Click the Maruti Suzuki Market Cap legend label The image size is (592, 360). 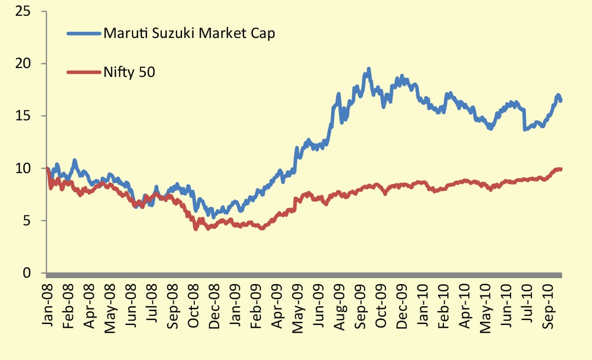(188, 34)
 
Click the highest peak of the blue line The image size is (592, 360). (369, 69)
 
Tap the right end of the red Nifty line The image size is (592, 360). (561, 169)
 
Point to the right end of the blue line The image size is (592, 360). (561, 100)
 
